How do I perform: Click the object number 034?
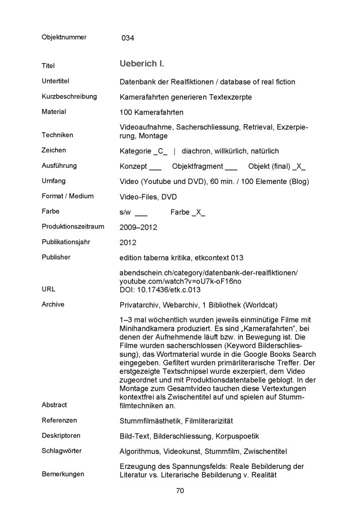(128, 38)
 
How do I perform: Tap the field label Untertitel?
(55, 81)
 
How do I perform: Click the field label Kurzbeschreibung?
(69, 96)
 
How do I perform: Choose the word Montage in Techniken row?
(154, 136)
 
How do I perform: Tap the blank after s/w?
(141, 212)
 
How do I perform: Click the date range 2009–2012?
(138, 227)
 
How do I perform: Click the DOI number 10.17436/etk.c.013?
(167, 290)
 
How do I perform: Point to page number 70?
(180, 491)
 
